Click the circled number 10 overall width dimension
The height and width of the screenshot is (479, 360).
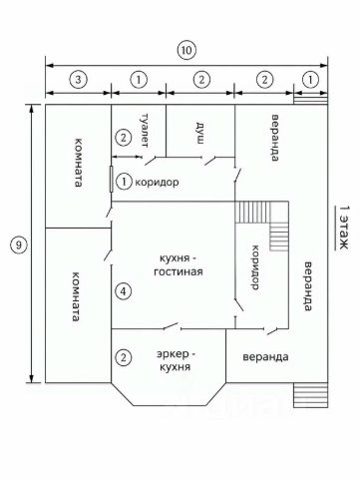(x=186, y=51)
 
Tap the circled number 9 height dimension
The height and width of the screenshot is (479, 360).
(x=19, y=245)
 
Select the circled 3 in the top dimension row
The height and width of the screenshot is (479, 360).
(x=78, y=80)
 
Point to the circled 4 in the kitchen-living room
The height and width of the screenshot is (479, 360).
(x=124, y=291)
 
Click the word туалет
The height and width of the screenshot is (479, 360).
(x=145, y=131)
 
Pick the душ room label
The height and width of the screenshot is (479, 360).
(x=199, y=133)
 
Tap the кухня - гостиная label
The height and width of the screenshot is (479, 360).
(x=179, y=265)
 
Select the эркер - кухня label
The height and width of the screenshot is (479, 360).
(x=176, y=360)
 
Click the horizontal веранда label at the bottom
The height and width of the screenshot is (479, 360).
(x=265, y=357)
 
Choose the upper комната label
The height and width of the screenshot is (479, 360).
(x=78, y=163)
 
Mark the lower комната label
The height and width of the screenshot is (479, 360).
(x=76, y=296)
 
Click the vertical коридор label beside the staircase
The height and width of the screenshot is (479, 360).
(x=255, y=267)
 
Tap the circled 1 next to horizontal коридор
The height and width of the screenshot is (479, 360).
(x=124, y=182)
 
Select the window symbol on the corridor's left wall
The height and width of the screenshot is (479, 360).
(x=112, y=179)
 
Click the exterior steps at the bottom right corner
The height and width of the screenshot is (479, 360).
(x=311, y=395)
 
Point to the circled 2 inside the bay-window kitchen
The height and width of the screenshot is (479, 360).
(x=124, y=358)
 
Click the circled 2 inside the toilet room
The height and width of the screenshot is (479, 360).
(x=124, y=138)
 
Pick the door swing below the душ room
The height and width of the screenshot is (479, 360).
(x=210, y=161)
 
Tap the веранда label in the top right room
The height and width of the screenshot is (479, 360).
(x=274, y=138)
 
